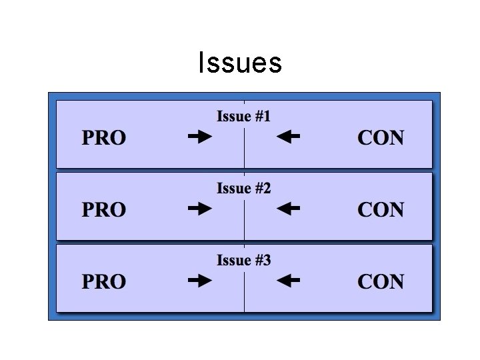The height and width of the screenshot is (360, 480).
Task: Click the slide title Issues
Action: [x=240, y=63]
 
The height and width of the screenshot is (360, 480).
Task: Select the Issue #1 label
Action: [x=244, y=116]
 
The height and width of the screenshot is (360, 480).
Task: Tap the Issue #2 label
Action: [x=244, y=188]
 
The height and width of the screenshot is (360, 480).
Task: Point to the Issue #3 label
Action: [x=244, y=260]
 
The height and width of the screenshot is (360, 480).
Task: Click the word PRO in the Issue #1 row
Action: [x=104, y=137]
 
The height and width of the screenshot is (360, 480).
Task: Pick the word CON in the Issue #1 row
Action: [x=381, y=137]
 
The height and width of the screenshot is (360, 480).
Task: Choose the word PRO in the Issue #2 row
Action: [x=104, y=209]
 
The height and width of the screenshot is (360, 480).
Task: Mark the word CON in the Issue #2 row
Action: [x=381, y=209]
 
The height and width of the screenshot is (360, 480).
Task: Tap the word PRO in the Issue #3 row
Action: [x=104, y=281]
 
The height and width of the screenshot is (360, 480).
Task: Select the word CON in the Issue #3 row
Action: [x=381, y=281]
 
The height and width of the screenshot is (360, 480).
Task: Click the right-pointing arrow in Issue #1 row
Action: [x=200, y=137]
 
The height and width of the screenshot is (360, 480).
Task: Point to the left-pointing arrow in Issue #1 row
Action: [x=288, y=137]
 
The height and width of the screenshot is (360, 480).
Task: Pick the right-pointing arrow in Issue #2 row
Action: [x=200, y=209]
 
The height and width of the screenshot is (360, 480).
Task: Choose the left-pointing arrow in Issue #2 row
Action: [x=288, y=209]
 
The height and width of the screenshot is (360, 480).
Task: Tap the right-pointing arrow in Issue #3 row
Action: [x=200, y=281]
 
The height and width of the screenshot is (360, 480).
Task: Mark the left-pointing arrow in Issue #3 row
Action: [x=288, y=281]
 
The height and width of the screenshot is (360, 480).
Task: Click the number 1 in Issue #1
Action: [x=267, y=116]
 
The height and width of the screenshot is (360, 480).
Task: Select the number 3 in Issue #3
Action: [x=267, y=260]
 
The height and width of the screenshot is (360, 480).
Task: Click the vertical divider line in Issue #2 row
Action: [x=244, y=220]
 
